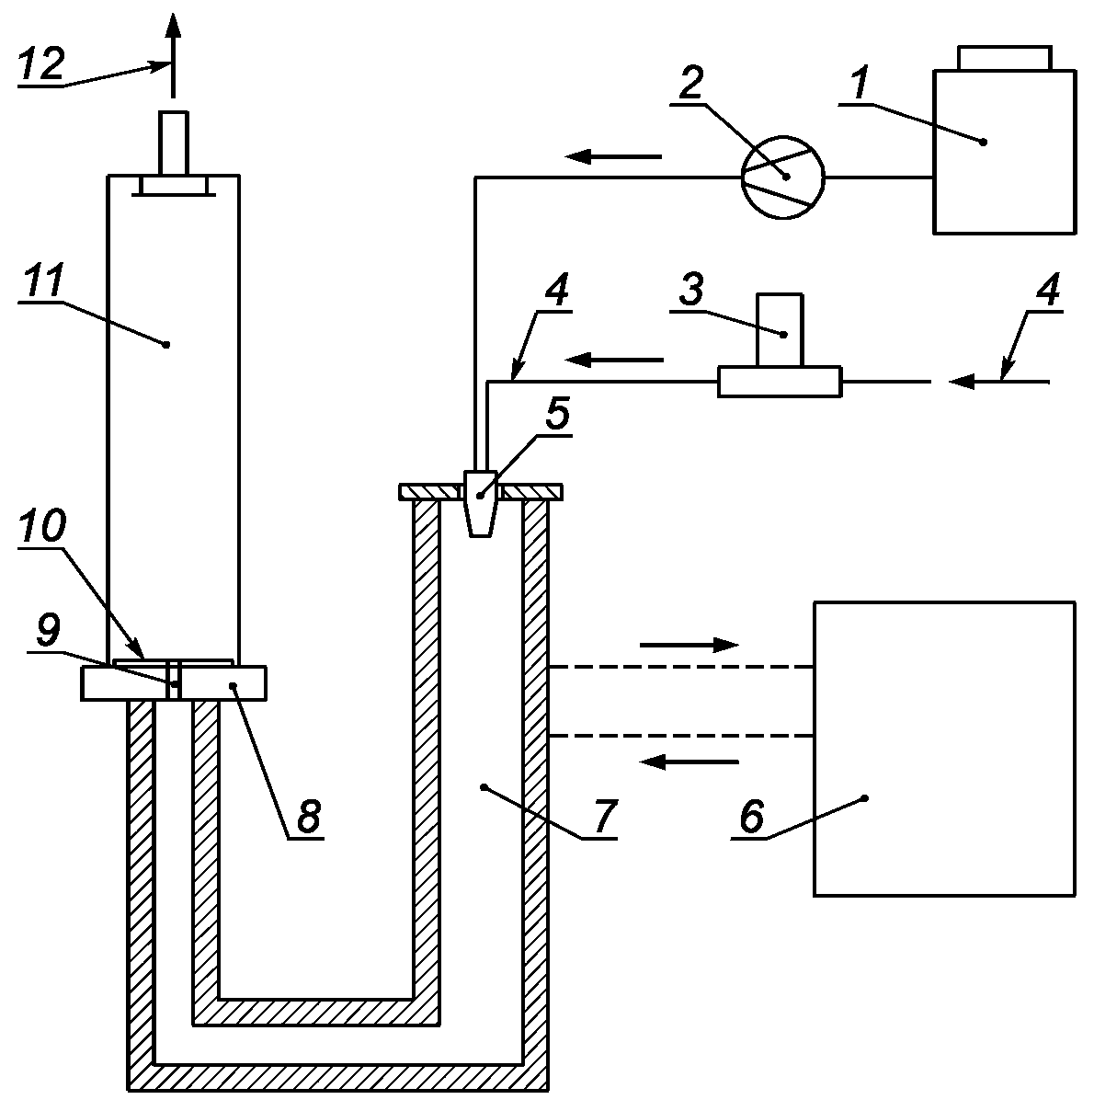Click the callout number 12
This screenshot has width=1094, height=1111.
41,63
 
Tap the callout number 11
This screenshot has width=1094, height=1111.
40,281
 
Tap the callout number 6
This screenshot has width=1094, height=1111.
752,816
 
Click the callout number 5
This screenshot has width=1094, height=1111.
557,413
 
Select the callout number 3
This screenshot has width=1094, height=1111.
690,290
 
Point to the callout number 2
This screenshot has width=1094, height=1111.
690,83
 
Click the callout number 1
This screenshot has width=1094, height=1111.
860,83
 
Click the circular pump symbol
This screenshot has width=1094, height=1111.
782,178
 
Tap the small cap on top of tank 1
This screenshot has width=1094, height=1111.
1005,58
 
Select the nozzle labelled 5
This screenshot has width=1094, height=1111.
480,503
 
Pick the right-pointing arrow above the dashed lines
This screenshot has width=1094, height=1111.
689,644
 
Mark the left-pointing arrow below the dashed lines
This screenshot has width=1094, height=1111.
689,762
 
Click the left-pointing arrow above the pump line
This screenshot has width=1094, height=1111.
613,155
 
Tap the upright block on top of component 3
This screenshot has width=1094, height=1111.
780,330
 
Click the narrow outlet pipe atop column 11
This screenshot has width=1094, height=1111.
174,143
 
